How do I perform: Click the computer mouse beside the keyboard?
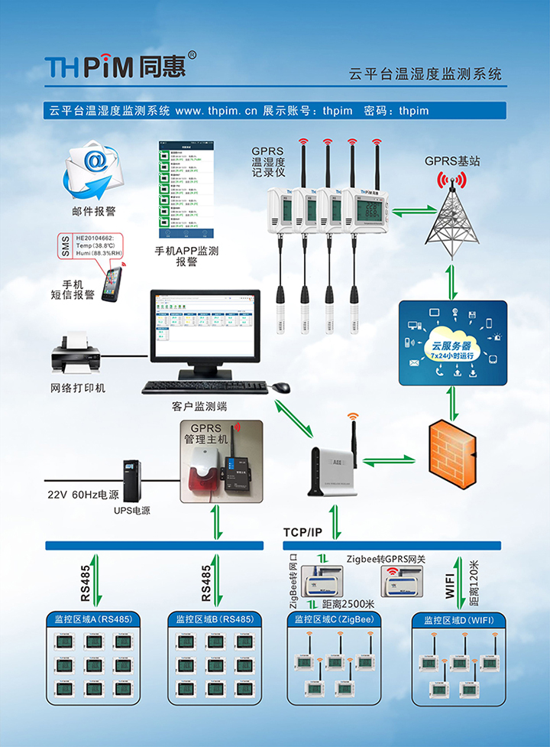click(x=282, y=387)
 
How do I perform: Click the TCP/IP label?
click(x=302, y=531)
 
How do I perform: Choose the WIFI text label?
click(x=450, y=584)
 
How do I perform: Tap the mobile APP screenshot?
click(x=186, y=190)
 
